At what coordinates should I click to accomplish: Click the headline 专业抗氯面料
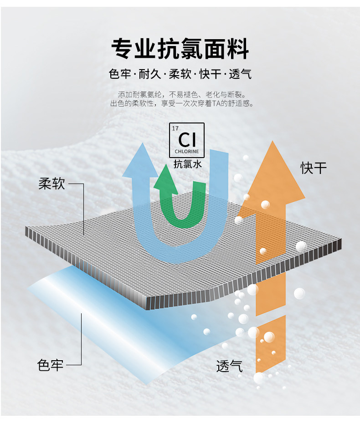(x=180, y=49)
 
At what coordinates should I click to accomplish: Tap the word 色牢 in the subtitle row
(x=120, y=74)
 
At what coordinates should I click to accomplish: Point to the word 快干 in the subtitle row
(x=210, y=74)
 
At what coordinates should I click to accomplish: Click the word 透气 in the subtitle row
(x=240, y=74)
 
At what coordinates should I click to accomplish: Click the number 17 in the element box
(x=176, y=128)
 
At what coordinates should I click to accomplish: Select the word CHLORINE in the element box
(x=187, y=151)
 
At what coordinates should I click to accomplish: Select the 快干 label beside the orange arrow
(x=313, y=168)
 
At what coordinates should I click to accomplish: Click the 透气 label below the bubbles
(x=229, y=365)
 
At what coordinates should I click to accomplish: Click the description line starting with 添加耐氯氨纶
(x=181, y=95)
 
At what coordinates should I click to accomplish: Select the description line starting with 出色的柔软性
(x=181, y=104)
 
